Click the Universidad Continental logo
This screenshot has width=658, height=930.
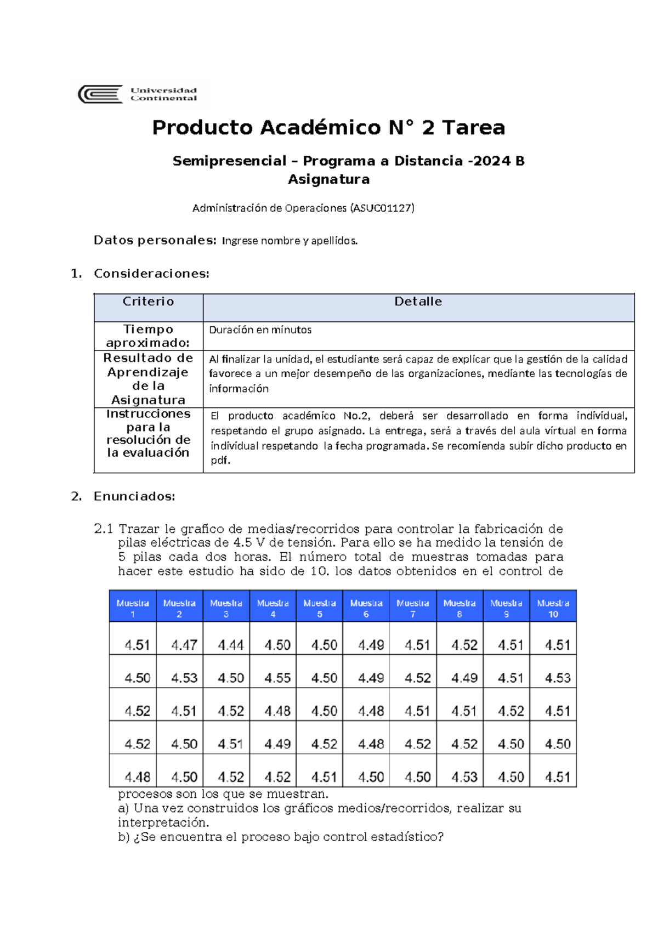[x=138, y=94]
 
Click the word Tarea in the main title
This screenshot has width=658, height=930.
[x=473, y=128]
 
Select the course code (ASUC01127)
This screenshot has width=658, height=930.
[x=382, y=208]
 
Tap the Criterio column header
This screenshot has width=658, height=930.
[x=148, y=302]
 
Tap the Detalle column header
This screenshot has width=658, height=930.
[x=418, y=302]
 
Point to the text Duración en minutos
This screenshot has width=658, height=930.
[x=260, y=330]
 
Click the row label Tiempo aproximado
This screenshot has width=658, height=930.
[x=148, y=336]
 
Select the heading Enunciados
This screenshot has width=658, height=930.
[x=134, y=496]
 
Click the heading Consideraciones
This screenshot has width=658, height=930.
[x=151, y=274]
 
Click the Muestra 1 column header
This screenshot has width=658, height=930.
[x=133, y=608]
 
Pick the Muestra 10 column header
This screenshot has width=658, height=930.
[x=553, y=608]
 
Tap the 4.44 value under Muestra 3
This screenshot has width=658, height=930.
[x=230, y=645]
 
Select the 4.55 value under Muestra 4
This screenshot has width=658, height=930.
[x=277, y=678]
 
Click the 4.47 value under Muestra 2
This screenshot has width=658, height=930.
[x=184, y=645]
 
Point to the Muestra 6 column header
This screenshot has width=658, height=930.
[x=366, y=608]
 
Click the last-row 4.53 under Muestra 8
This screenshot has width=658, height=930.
[x=464, y=777]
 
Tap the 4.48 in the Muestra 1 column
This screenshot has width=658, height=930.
[x=137, y=777]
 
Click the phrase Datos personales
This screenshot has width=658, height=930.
[x=155, y=240]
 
